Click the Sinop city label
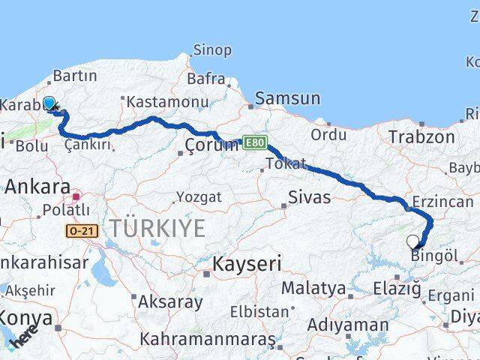213,50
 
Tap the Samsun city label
287,98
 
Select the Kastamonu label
166,101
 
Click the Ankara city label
37,187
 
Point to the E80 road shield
254,141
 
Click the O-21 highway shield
82,232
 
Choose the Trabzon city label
421,137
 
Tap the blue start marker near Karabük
49,103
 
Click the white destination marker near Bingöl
412,241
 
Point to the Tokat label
286,163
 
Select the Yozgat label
198,197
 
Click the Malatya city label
313,288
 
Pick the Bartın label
75,76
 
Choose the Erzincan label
442,201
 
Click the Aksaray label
171,302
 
